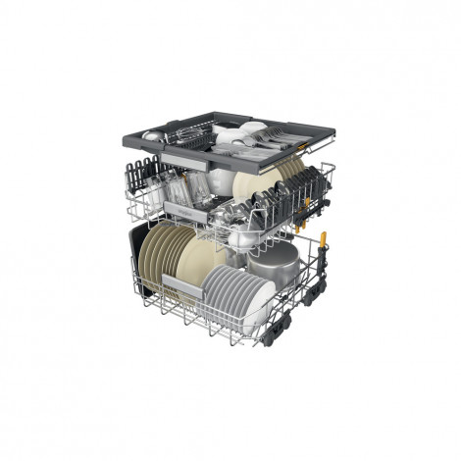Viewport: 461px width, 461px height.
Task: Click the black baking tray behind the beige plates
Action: coord(142,265)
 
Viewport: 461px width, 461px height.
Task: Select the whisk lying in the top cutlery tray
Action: coord(186,132)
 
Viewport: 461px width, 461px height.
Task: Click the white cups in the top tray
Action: coord(235,133)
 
